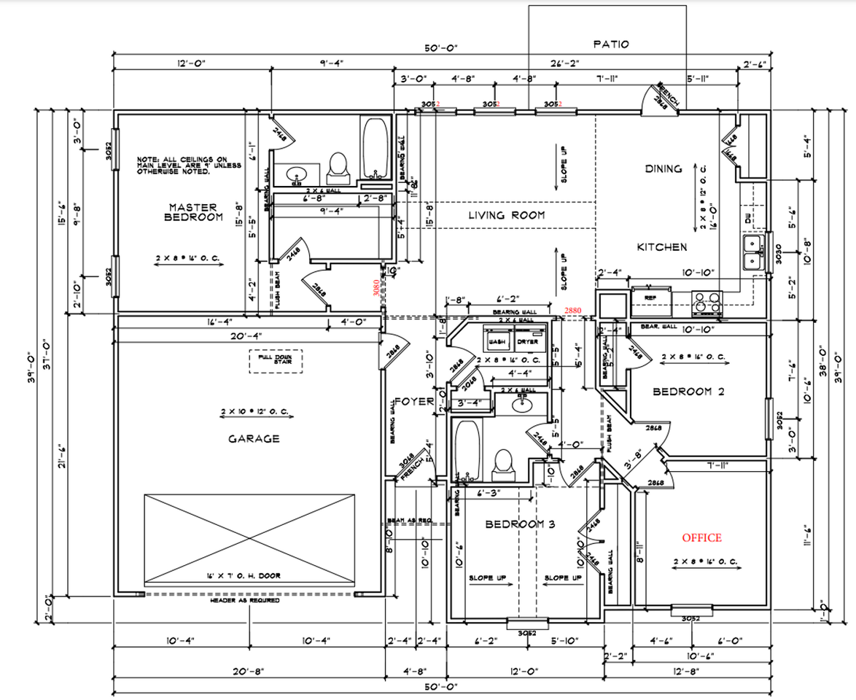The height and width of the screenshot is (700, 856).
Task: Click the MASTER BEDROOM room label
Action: [x=193, y=212]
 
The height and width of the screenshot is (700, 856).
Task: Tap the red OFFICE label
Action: [x=701, y=537]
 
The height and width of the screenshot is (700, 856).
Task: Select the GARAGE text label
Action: [x=254, y=438]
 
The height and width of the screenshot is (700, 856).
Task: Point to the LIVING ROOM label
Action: [x=507, y=214]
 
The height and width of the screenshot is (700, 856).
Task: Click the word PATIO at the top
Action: [x=611, y=44]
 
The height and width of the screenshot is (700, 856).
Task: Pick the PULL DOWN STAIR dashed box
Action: [x=276, y=362]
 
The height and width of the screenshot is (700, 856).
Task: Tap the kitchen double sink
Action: [x=751, y=252]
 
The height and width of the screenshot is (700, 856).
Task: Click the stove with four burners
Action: [x=704, y=301]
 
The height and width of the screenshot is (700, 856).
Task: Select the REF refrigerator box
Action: [x=649, y=297]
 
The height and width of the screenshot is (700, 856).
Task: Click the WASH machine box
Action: [x=497, y=341]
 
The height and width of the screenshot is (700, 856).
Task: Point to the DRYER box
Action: [x=527, y=341]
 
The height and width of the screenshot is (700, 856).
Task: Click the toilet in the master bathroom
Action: [x=338, y=166]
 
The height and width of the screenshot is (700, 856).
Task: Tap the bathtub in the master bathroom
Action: [x=376, y=149]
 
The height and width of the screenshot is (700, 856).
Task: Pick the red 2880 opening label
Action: [x=574, y=311]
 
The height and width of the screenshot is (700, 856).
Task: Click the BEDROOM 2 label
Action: [x=688, y=392]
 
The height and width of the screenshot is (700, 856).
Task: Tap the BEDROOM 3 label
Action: [x=521, y=524]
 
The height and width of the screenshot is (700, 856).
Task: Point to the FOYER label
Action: [x=414, y=401]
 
